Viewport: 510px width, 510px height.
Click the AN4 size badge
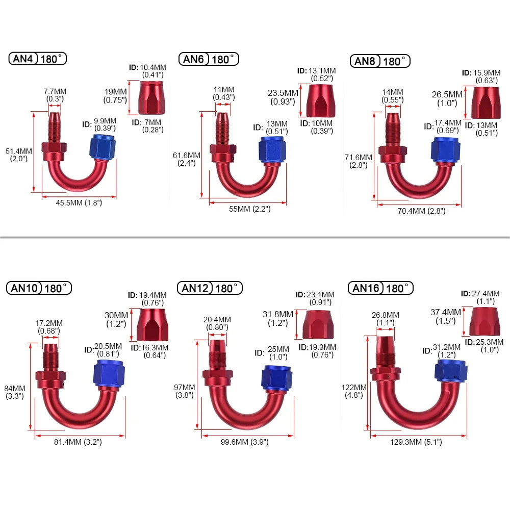[22, 59]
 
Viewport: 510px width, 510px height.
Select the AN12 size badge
[194, 288]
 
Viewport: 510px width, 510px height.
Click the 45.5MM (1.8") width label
[79, 202]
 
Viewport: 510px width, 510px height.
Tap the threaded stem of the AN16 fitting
[385, 349]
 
